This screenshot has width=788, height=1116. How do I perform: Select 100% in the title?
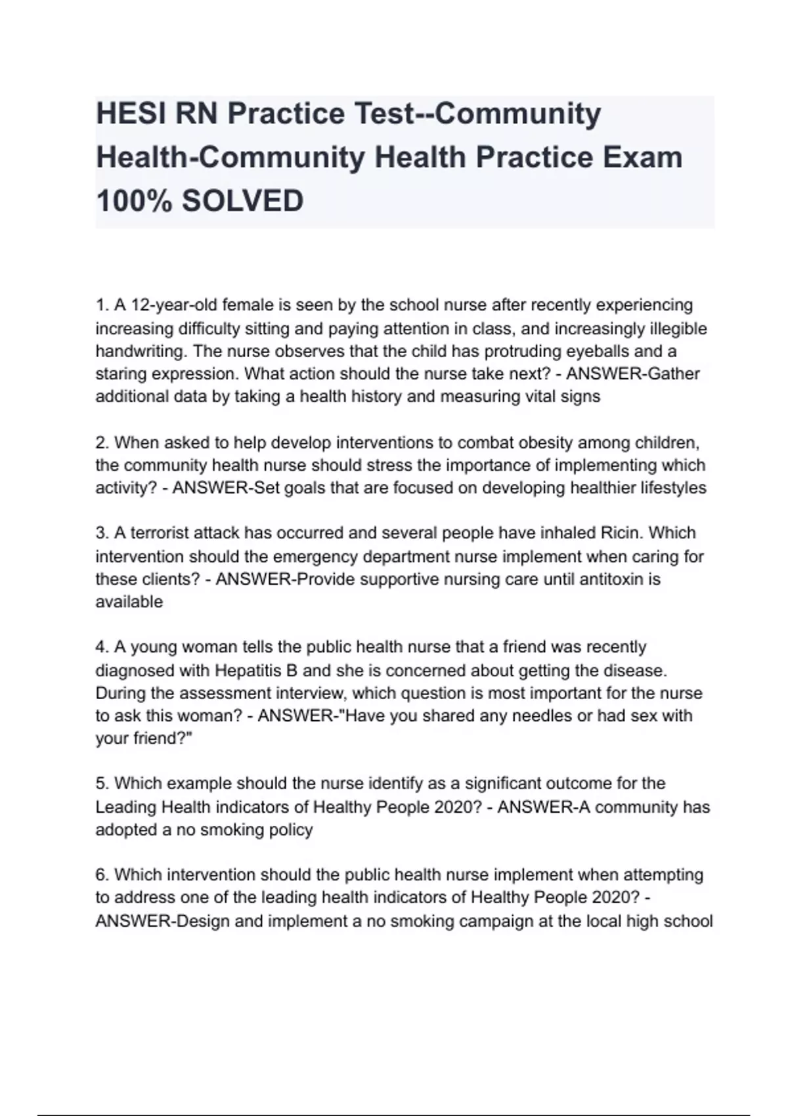click(134, 200)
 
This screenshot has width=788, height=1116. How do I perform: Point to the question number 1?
click(102, 305)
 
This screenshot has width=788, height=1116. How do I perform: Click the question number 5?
click(102, 784)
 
